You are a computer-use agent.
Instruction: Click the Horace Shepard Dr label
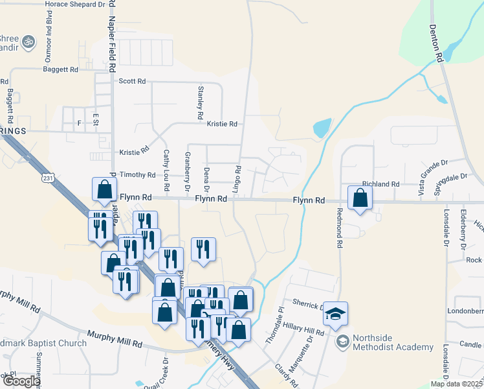pyautogui.click(x=75, y=4)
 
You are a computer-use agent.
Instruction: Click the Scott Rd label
pyautogui.click(x=132, y=82)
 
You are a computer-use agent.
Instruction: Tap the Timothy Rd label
pyautogui.click(x=137, y=175)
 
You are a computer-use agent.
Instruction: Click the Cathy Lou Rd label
pyautogui.click(x=166, y=170)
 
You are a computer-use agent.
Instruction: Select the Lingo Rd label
pyautogui.click(x=238, y=177)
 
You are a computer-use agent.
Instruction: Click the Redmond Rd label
pyautogui.click(x=339, y=228)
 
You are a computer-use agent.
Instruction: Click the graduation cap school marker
pyautogui.click(x=335, y=314)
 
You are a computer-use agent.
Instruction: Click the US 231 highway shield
pyautogui.click(x=47, y=178)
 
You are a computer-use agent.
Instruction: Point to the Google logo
pyautogui.click(x=21, y=381)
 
